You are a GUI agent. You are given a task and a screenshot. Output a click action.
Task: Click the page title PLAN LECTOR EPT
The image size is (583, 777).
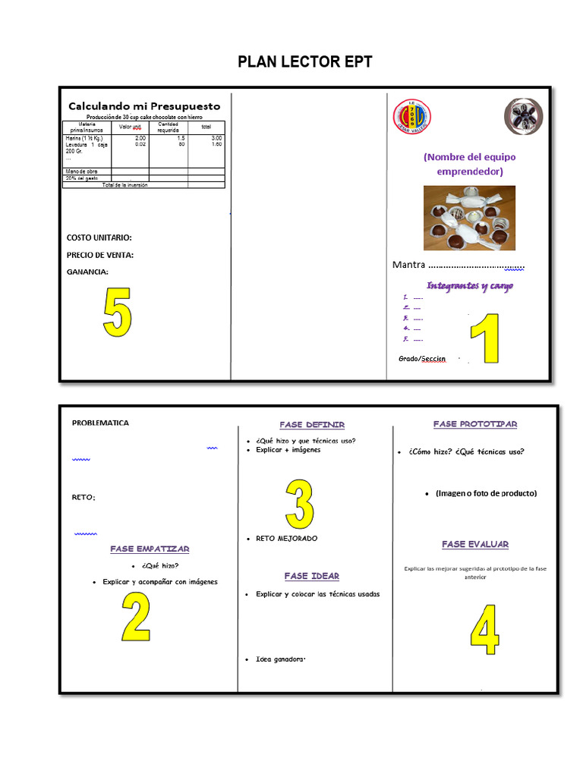[x=305, y=62]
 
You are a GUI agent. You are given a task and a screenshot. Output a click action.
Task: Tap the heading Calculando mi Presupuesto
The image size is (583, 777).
[x=144, y=106]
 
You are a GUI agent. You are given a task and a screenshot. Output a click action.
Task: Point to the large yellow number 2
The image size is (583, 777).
[x=136, y=616]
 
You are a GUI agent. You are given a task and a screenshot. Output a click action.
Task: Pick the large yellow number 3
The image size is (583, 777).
[x=299, y=503]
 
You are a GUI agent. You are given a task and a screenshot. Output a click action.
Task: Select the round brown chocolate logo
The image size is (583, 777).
[x=523, y=117]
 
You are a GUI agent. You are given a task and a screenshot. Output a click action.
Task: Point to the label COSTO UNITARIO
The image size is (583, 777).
[x=99, y=238]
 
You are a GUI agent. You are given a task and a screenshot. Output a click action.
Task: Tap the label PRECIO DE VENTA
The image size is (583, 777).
[x=100, y=255]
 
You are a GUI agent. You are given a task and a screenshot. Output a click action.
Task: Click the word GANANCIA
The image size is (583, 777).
[x=87, y=272]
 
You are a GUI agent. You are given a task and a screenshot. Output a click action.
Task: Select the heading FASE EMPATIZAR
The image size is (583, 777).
[x=150, y=549]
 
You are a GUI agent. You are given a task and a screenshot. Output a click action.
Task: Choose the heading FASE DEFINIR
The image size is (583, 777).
[x=312, y=424]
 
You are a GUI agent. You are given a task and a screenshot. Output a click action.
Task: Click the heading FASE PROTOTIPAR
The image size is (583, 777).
[x=475, y=424]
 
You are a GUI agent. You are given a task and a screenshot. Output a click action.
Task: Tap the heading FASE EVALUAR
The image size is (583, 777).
[x=475, y=544]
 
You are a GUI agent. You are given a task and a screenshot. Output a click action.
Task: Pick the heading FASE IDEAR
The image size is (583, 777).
[x=312, y=576]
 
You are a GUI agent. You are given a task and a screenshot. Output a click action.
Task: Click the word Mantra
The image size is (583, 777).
[x=408, y=265]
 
